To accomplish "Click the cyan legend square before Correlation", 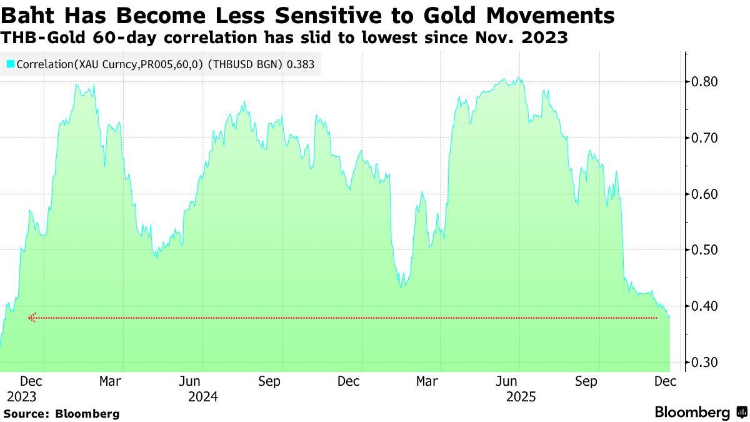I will [11, 64].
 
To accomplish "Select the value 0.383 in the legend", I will [301, 64].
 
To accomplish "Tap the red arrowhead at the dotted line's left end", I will [32, 318].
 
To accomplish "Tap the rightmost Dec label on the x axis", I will [666, 381].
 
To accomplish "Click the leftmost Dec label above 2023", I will [31, 381].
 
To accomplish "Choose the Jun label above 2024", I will [190, 381].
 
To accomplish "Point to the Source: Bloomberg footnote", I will [62, 413].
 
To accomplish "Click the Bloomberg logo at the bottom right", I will [700, 412].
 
